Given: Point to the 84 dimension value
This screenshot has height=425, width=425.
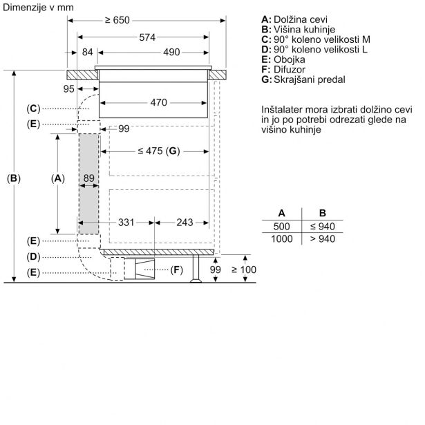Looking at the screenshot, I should point(87,53).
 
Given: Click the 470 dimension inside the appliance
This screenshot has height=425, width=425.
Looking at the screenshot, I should point(158,103).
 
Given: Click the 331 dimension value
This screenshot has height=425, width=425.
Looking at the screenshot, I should point(126,223).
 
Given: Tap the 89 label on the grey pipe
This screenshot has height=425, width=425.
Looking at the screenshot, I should point(88,178).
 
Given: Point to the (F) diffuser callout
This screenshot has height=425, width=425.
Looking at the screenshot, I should point(177,269).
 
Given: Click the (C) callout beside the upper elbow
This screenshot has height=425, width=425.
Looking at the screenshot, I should point(35,108).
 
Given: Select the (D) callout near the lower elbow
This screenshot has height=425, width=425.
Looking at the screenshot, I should point(35,256).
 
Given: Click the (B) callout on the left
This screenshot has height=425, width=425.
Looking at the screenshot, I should point(14,178).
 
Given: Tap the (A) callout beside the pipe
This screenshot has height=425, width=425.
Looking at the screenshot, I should point(57,178).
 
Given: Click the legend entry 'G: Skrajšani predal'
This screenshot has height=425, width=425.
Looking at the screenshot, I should point(303,80).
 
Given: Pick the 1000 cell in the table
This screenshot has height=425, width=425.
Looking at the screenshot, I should point(281,238).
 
